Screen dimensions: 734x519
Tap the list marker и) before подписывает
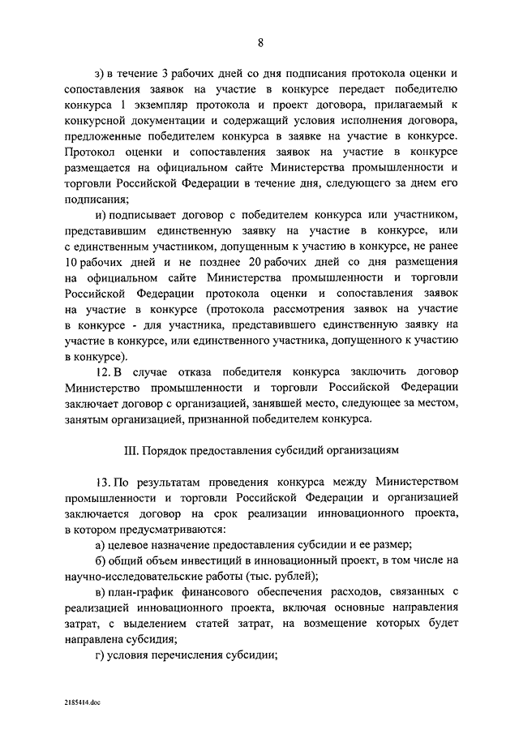101,213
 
